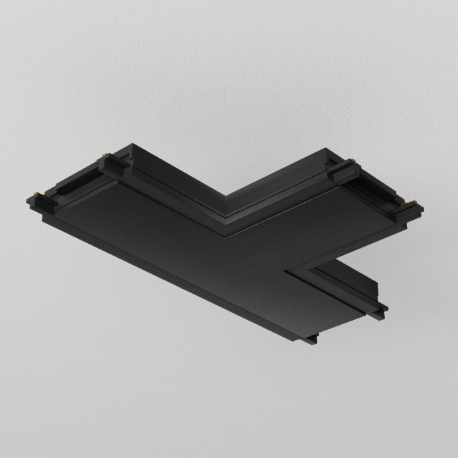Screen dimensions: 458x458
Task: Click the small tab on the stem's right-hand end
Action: coord(383,308)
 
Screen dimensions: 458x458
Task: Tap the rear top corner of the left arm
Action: coord(131,147)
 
